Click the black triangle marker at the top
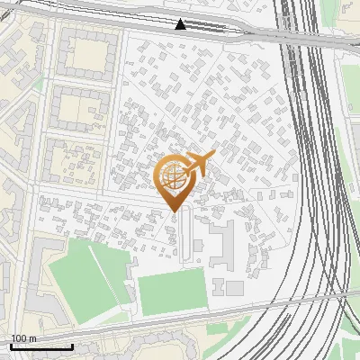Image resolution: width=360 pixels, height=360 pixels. [181, 24]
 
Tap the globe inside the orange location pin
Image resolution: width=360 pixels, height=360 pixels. [173, 175]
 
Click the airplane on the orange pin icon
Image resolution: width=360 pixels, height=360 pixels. [198, 164]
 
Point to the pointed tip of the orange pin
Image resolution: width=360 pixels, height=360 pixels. [175, 211]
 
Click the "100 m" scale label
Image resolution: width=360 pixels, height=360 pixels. [24, 338]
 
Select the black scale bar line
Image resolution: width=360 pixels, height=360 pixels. [41, 346]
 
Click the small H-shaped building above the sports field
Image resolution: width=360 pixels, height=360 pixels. [220, 286]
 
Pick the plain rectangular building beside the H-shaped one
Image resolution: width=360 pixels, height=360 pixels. [235, 288]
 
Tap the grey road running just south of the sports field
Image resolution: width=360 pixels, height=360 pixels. [180, 319]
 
